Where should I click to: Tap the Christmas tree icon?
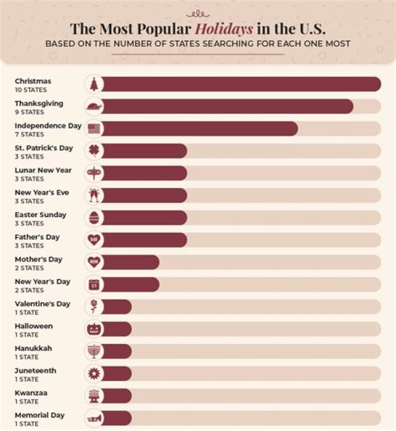pos(94,84)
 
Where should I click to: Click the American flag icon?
pos(94,129)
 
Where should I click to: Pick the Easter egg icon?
pos(94,218)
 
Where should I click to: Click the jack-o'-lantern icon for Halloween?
pos(94,329)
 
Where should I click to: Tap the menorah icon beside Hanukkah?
pos(94,351)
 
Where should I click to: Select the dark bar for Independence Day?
pos(199,129)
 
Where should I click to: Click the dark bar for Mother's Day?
pos(130,262)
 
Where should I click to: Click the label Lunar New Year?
pos(43,170)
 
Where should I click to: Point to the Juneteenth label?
pos(35,371)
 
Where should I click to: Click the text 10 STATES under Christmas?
pos(31,90)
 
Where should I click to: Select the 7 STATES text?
pos(29,134)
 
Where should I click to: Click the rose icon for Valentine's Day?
pos(94,307)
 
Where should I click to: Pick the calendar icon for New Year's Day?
pos(94,284)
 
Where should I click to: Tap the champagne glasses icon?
pos(94,196)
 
